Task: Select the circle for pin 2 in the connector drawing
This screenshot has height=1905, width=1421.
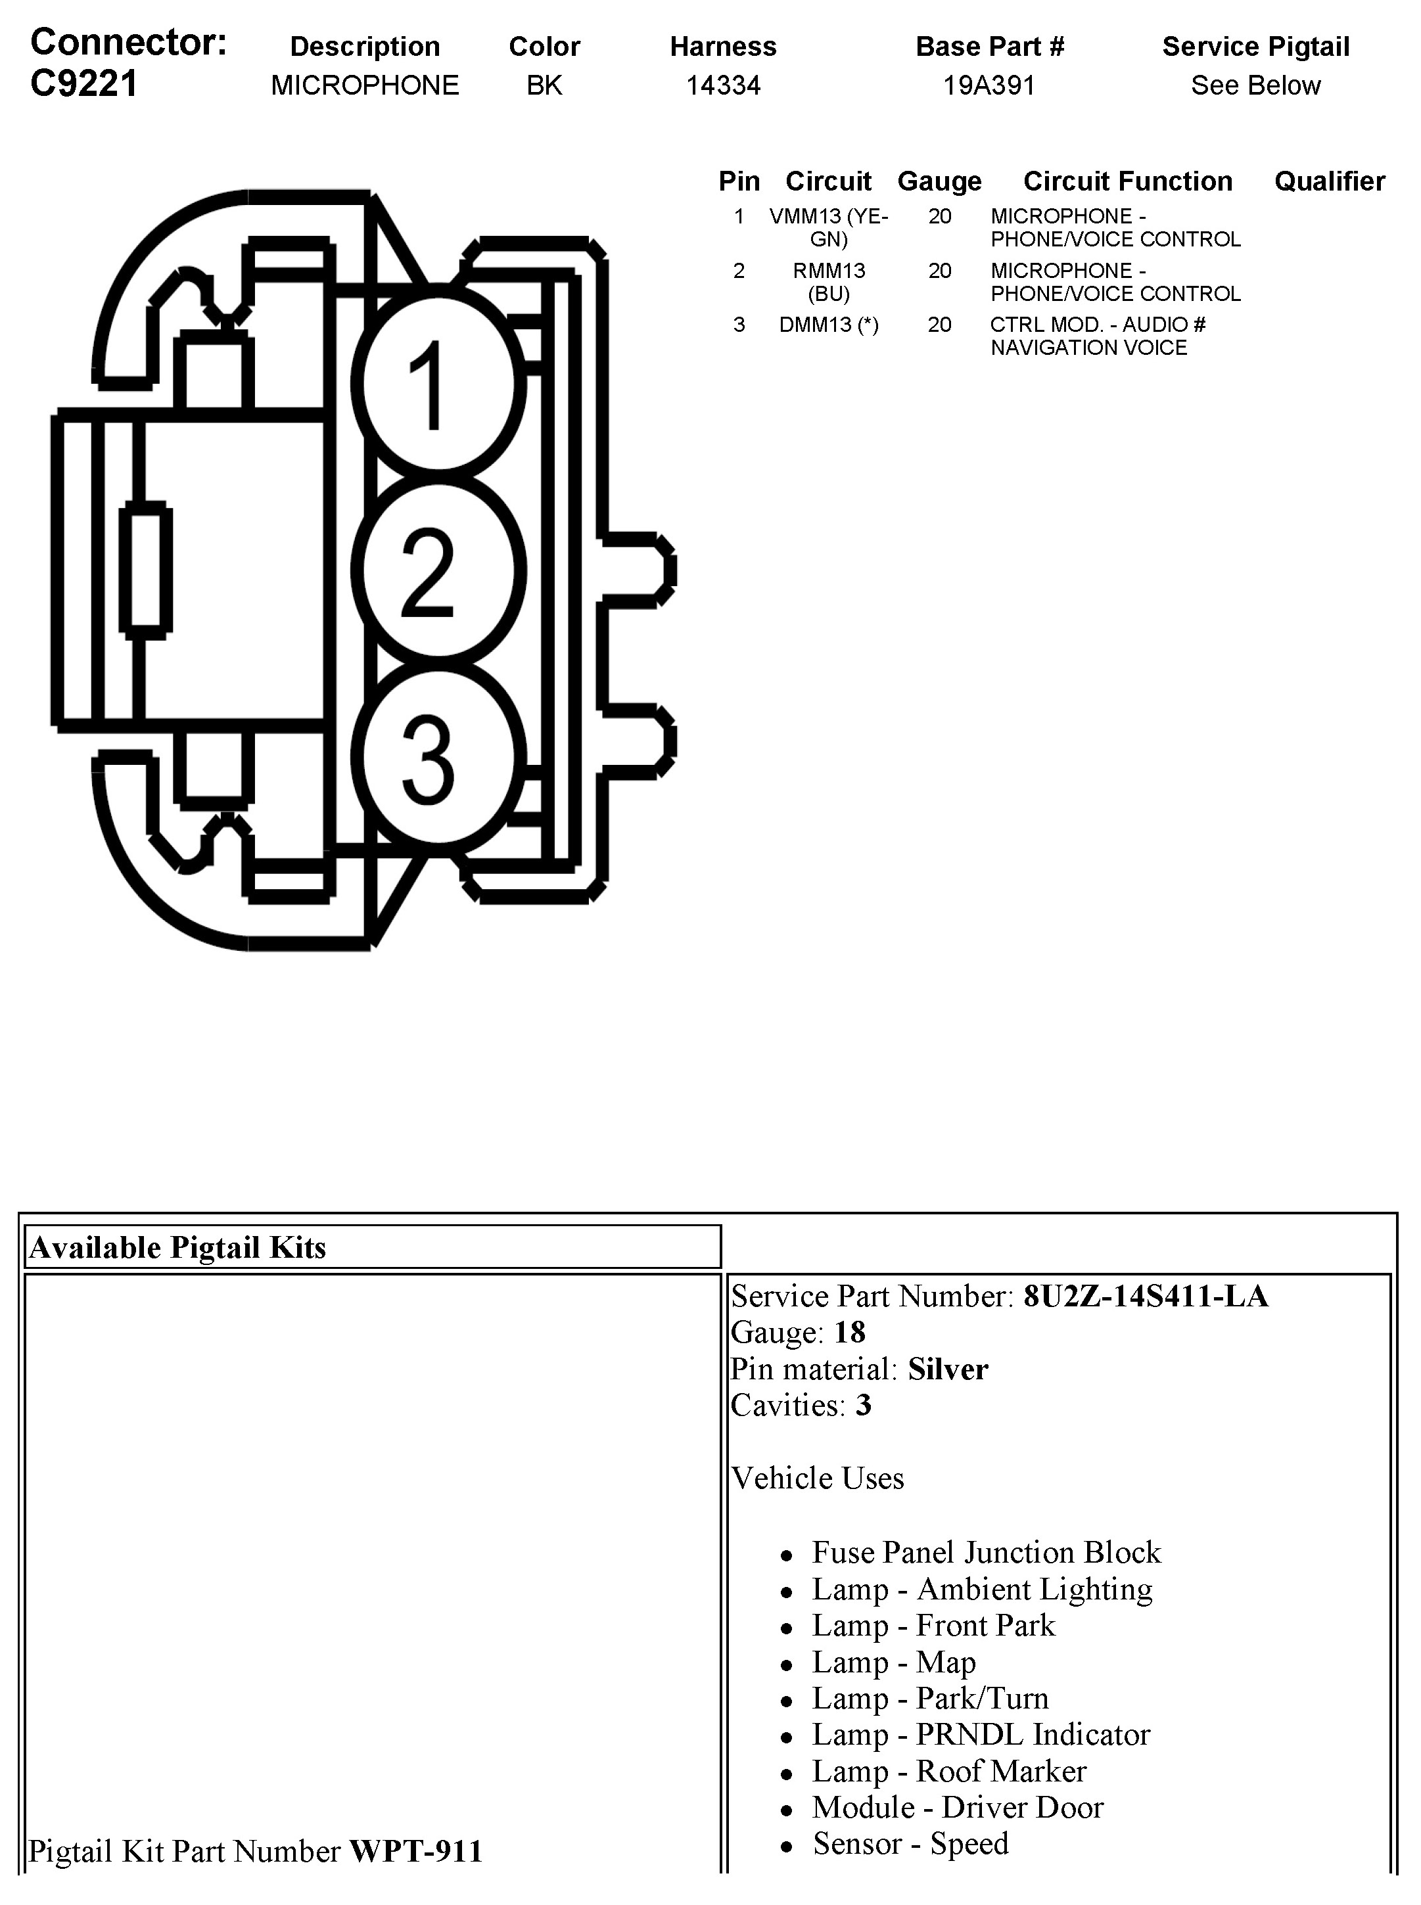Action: [x=438, y=570]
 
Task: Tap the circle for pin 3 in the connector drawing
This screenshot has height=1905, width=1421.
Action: [x=438, y=758]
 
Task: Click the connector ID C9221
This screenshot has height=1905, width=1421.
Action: [x=83, y=84]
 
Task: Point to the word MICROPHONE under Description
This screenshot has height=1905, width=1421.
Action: [x=365, y=85]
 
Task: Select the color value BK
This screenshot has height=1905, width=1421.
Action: [x=544, y=85]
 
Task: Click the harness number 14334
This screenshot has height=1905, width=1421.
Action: [x=722, y=85]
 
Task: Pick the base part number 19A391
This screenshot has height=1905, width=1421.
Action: [x=989, y=85]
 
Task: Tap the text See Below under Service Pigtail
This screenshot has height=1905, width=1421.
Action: [x=1255, y=85]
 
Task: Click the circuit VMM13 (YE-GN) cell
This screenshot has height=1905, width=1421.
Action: [x=828, y=227]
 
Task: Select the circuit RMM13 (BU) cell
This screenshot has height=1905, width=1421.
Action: [x=828, y=282]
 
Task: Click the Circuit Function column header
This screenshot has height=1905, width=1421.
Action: [x=1127, y=181]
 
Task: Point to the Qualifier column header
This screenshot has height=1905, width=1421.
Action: [x=1329, y=181]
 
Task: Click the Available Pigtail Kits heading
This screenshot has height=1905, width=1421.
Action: [x=178, y=1247]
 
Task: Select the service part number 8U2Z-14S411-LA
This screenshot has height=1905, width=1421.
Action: [x=1145, y=1296]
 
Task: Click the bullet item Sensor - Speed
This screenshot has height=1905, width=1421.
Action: [x=910, y=1843]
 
